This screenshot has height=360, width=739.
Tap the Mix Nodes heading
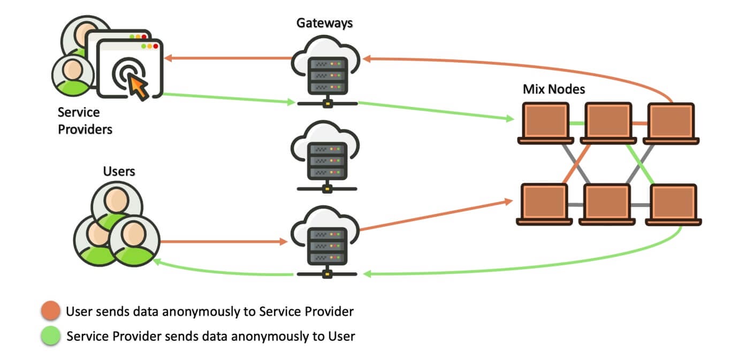click(554, 89)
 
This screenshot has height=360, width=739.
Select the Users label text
click(119, 171)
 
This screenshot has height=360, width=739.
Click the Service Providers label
click(85, 121)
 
